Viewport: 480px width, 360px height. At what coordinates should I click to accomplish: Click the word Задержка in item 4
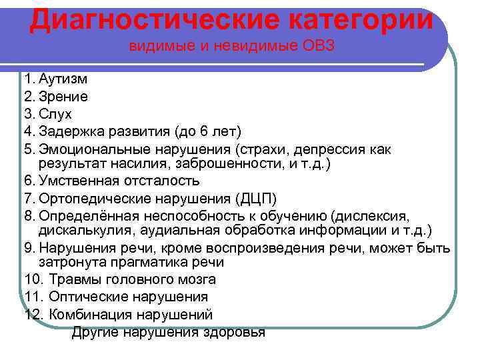pos(71,131)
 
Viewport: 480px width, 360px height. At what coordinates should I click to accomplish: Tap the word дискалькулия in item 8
pos(87,231)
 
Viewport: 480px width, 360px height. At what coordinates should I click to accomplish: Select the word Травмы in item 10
pos(73,280)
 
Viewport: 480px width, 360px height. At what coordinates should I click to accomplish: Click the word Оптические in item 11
pos(84,297)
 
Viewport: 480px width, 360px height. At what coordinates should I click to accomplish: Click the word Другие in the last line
pos(94,331)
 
